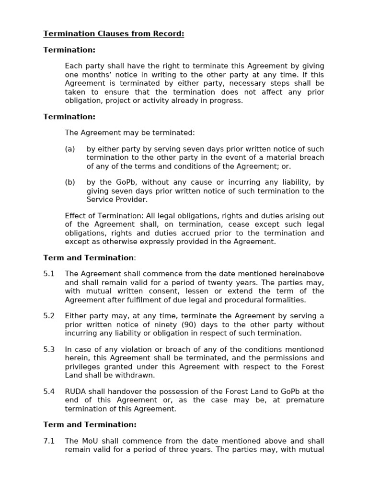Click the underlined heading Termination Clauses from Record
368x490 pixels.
[x=114, y=33]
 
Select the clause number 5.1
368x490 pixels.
[x=49, y=274]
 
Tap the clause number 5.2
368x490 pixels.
[x=49, y=316]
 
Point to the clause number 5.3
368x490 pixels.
[x=49, y=349]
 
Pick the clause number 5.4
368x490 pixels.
[x=49, y=391]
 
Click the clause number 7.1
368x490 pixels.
[x=49, y=441]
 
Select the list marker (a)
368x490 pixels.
[x=70, y=149]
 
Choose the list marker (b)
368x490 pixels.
[x=70, y=182]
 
